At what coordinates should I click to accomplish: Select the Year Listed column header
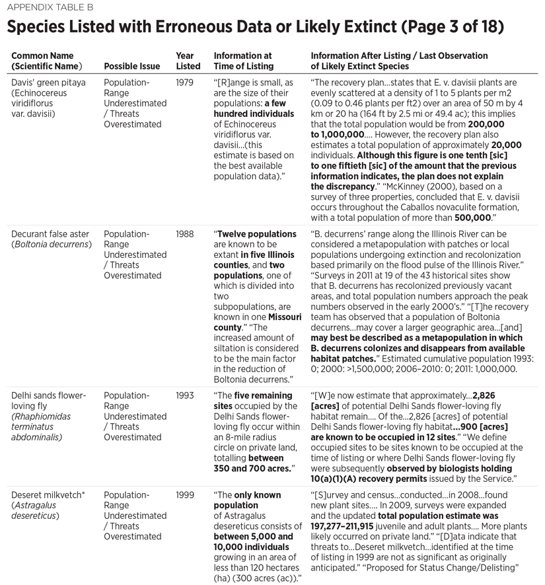pyautogui.click(x=188, y=61)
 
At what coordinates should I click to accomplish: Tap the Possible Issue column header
pyautogui.click(x=134, y=67)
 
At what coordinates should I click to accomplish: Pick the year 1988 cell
pyautogui.click(x=186, y=234)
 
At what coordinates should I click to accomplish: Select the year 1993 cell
pyautogui.click(x=186, y=395)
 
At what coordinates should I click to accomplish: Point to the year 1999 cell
pyautogui.click(x=186, y=495)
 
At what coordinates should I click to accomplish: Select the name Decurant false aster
pyautogui.click(x=52, y=234)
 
